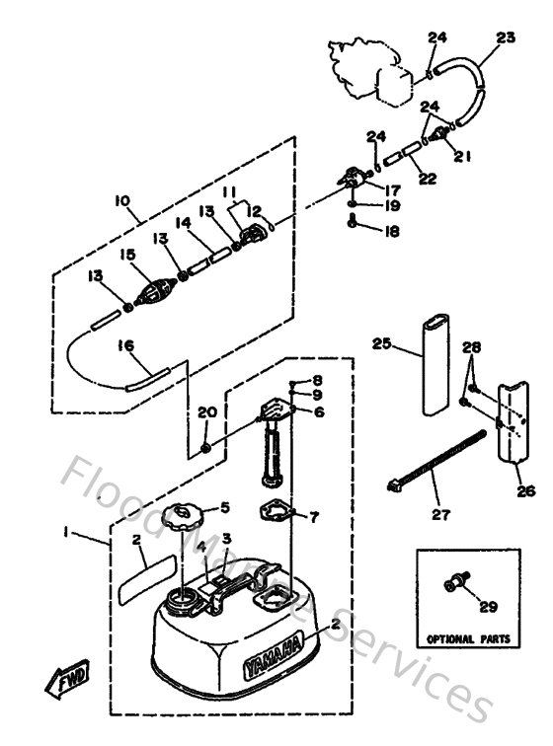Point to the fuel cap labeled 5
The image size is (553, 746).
[186, 518]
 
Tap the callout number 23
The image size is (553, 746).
[506, 38]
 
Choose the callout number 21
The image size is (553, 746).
[463, 154]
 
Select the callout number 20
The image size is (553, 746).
[205, 412]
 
